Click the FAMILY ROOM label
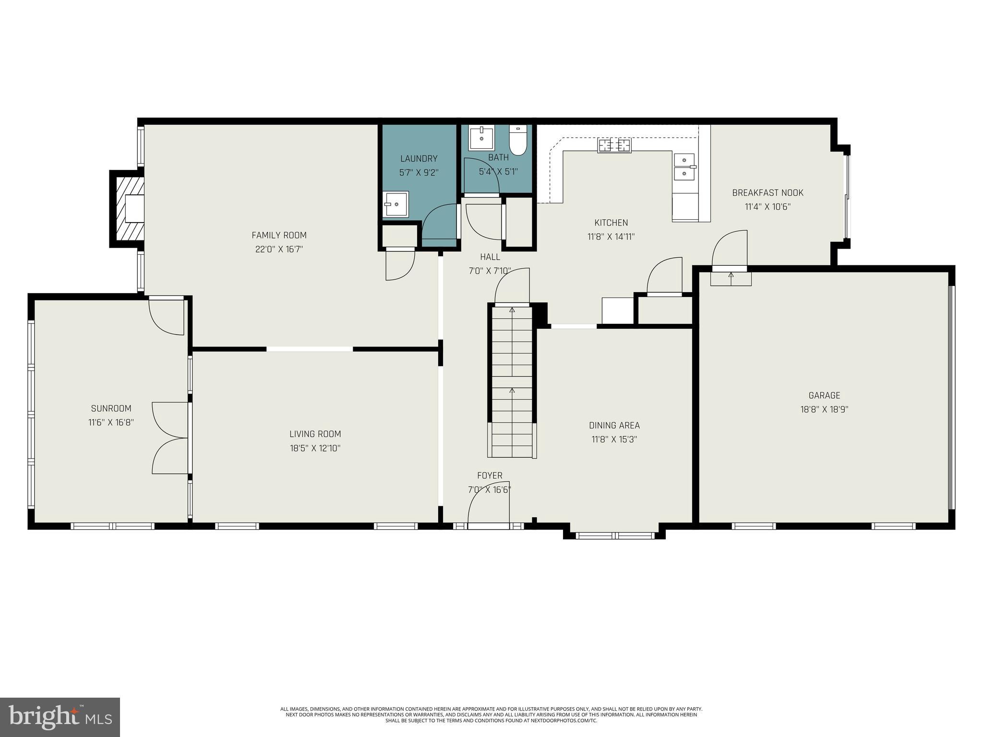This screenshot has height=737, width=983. pyautogui.click(x=279, y=235)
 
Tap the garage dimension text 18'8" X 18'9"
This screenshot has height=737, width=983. pyautogui.click(x=824, y=410)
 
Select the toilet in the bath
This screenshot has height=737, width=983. pyautogui.click(x=517, y=141)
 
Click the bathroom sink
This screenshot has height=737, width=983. pyautogui.click(x=481, y=138)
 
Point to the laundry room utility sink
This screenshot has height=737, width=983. pyautogui.click(x=396, y=204)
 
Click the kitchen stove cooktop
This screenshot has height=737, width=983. pyautogui.click(x=614, y=145)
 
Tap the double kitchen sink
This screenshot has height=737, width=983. pyautogui.click(x=684, y=166)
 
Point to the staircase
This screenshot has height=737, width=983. pyautogui.click(x=512, y=381)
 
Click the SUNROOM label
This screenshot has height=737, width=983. pyautogui.click(x=111, y=408)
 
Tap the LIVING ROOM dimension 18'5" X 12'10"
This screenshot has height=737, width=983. pyautogui.click(x=315, y=448)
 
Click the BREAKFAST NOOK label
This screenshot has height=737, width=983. pyautogui.click(x=767, y=193)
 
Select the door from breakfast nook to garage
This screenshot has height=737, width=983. pyautogui.click(x=730, y=250)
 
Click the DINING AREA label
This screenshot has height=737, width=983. pyautogui.click(x=614, y=425)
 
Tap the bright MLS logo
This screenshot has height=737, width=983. pyautogui.click(x=60, y=717)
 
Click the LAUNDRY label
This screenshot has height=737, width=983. pyautogui.click(x=419, y=159)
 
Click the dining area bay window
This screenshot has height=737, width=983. pyautogui.click(x=614, y=535)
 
